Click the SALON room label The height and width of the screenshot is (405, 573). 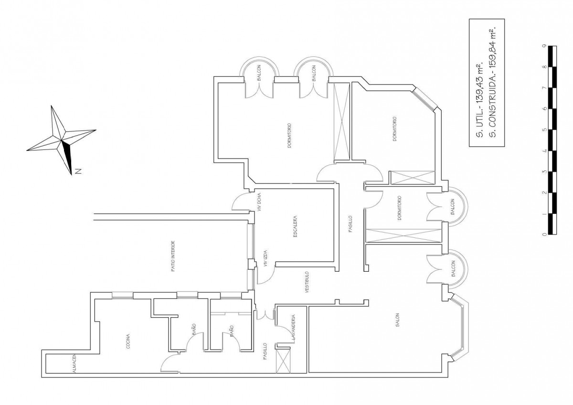coord(397,320)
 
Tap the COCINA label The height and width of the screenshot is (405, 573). coord(128,341)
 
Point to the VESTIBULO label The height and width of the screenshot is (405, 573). coord(307,282)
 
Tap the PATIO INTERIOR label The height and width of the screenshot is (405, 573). coord(173,256)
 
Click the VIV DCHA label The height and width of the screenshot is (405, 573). coord(259,202)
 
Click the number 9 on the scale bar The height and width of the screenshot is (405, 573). coord(544,46)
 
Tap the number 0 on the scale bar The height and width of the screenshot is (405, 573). coord(544,234)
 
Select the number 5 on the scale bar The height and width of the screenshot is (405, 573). coord(544,130)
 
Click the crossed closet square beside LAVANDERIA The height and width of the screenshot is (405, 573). coord(284,361)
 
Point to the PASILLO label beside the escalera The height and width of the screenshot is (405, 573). coord(350,224)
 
